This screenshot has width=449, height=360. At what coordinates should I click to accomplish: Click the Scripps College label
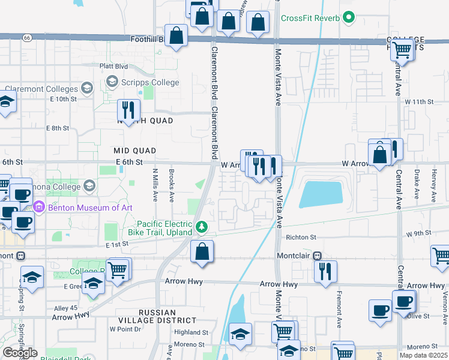click(150, 82)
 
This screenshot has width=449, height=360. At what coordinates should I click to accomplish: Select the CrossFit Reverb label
click(310, 18)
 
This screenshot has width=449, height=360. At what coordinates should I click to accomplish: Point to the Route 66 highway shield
click(27, 37)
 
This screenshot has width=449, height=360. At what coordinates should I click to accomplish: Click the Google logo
click(20, 353)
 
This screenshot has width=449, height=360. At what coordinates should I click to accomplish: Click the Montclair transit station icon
click(316, 256)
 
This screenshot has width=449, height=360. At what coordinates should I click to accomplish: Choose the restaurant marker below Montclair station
click(325, 271)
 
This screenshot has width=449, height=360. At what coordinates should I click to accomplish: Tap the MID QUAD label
click(134, 151)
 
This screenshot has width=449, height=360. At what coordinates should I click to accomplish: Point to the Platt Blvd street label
click(114, 66)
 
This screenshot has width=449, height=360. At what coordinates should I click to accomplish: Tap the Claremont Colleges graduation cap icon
click(87, 89)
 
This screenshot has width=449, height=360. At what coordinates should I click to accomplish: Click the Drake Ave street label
click(416, 184)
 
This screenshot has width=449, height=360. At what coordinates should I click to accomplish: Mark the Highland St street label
click(191, 332)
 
